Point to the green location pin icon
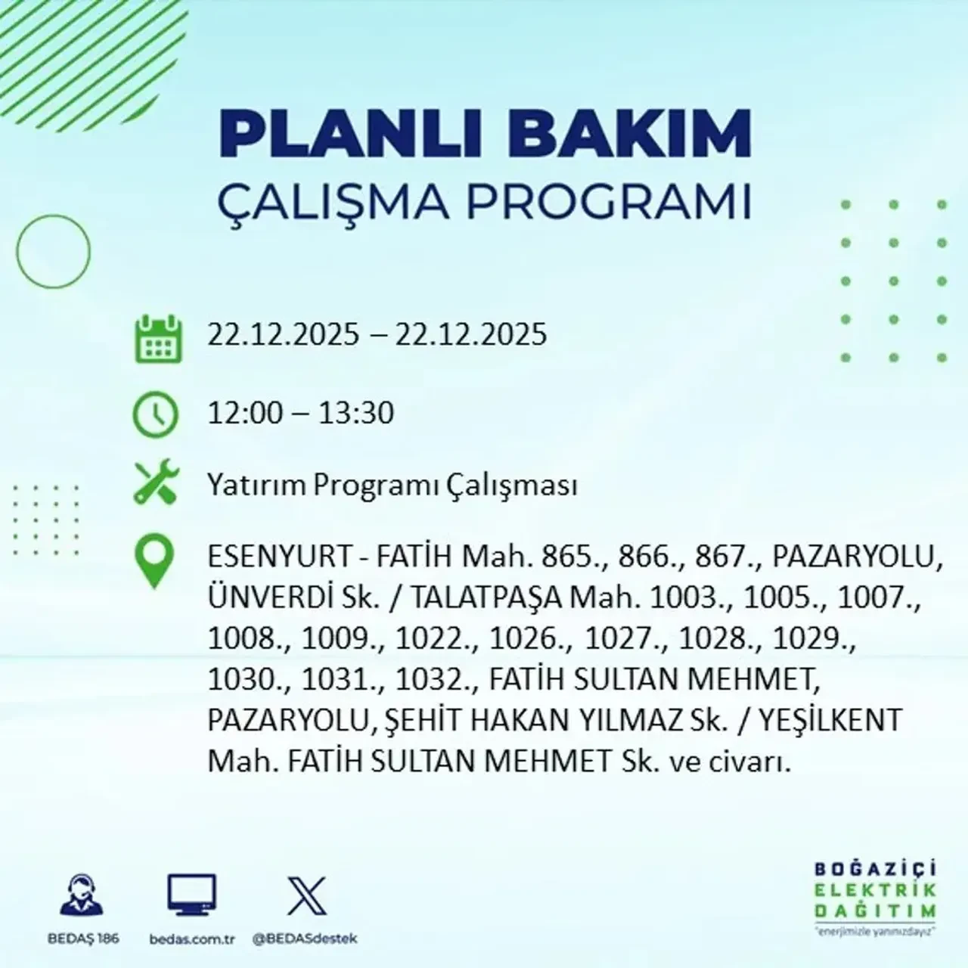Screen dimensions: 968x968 tap(154, 561)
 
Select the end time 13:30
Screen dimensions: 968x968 tap(356, 414)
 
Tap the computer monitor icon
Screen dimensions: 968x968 tap(191, 897)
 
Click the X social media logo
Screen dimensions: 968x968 tap(306, 897)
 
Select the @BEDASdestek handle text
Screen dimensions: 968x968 tap(305, 939)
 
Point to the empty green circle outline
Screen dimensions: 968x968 tap(53, 251)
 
